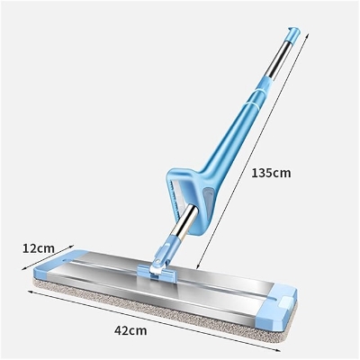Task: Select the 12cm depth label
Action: pos(40,247)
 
